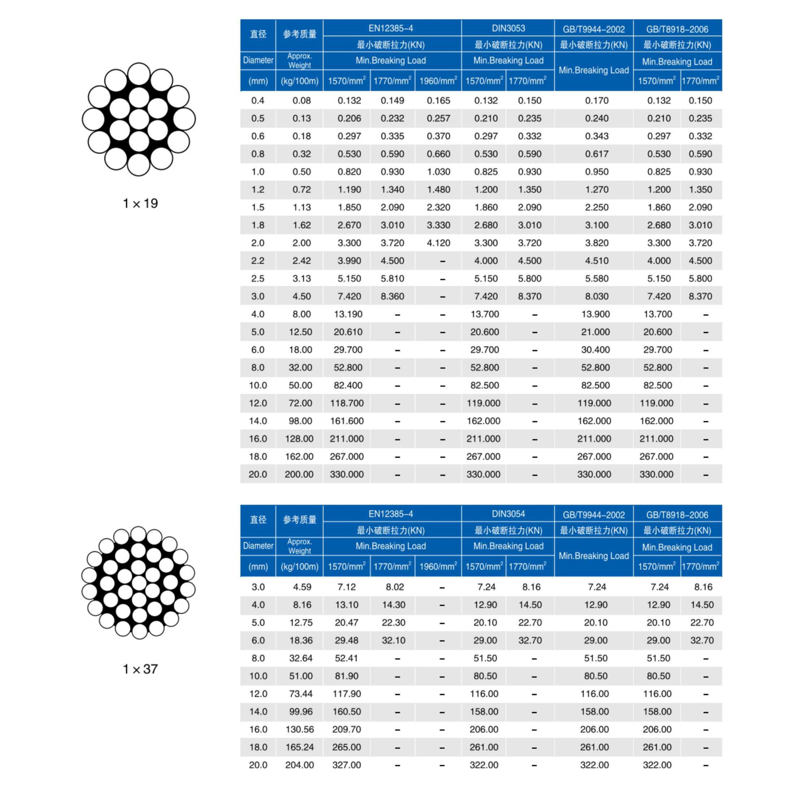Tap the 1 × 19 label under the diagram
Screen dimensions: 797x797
pos(140,203)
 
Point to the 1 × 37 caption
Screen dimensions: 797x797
pos(140,669)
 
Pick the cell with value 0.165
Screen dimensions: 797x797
pos(438,101)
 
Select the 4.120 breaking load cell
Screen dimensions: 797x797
pos(438,243)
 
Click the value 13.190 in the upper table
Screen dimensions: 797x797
pos(348,314)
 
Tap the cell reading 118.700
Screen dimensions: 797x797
pos(347,403)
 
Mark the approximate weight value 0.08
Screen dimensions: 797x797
pos(302,101)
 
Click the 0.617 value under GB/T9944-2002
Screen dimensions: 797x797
pos(597,154)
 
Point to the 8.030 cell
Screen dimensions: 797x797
pos(597,296)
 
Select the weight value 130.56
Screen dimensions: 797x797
pos(300,729)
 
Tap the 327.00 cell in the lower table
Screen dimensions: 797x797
pos(347,765)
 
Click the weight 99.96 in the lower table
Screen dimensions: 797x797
pos(301,712)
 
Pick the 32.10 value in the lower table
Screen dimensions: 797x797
pos(394,640)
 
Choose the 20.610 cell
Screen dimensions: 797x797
pos(348,332)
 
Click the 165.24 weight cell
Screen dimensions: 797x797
pos(300,747)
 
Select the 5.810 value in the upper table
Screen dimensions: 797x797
pos(392,278)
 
